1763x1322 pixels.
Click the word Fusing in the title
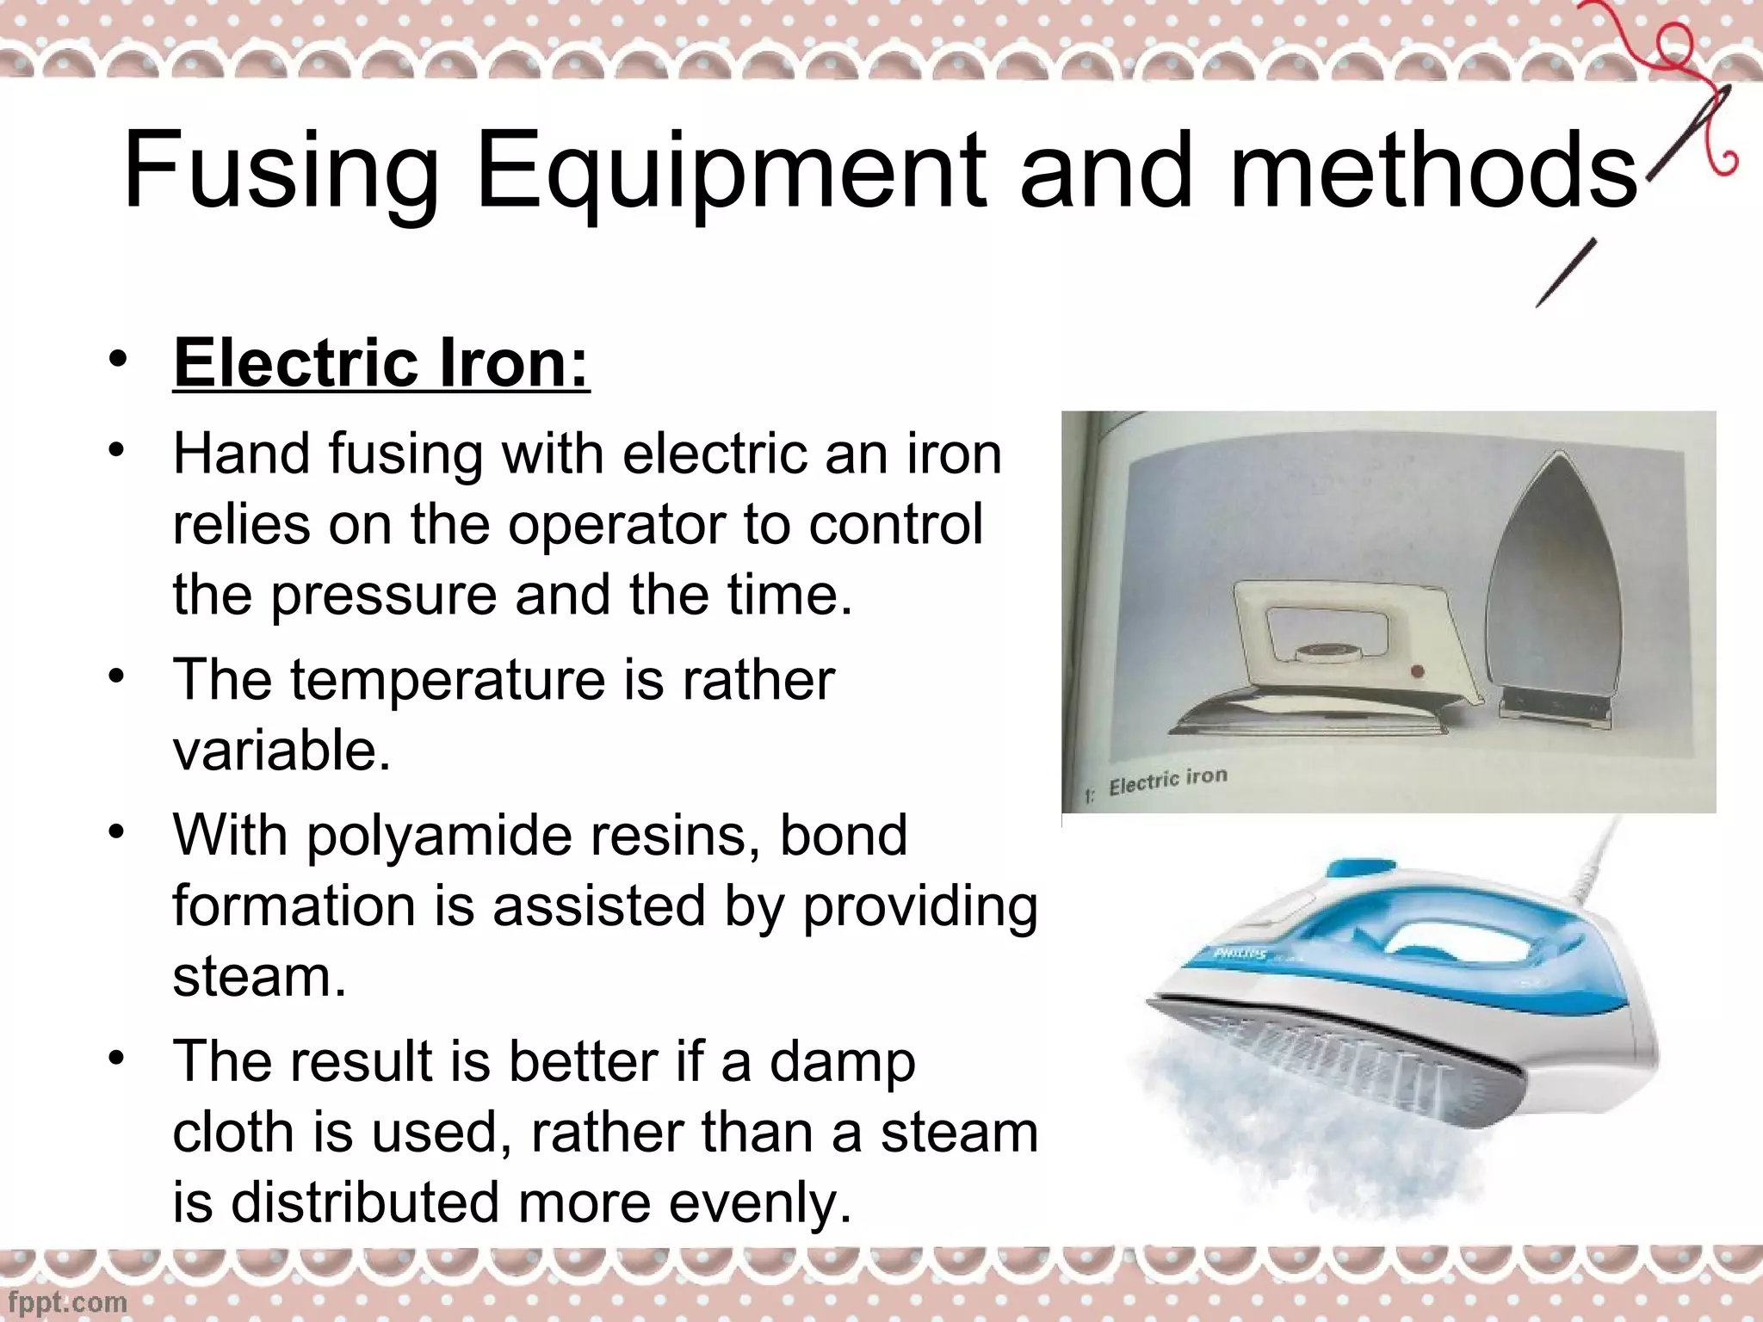tap(281, 172)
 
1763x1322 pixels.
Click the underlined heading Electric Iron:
tap(381, 364)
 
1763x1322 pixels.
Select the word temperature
tap(447, 680)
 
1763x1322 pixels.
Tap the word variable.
tap(281, 751)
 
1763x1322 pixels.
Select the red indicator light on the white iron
tap(1417, 671)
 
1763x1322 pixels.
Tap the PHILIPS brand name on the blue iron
tap(1240, 954)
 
